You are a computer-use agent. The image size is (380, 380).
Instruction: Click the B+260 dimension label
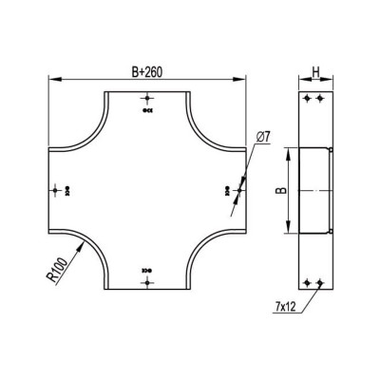tap(146, 72)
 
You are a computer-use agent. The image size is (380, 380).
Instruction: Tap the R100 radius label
tap(57, 270)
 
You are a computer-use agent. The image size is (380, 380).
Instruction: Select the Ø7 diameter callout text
tap(262, 137)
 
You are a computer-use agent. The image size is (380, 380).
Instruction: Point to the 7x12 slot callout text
tap(285, 307)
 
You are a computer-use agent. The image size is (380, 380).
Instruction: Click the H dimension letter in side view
tap(315, 72)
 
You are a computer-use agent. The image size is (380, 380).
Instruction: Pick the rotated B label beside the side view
tap(282, 190)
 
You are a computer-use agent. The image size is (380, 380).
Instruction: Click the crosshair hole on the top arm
tap(147, 99)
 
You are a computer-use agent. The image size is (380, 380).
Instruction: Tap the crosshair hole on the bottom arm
tap(147, 282)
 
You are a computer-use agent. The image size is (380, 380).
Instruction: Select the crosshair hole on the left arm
tap(56, 190)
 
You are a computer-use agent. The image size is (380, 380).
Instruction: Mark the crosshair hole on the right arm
tap(238, 190)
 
